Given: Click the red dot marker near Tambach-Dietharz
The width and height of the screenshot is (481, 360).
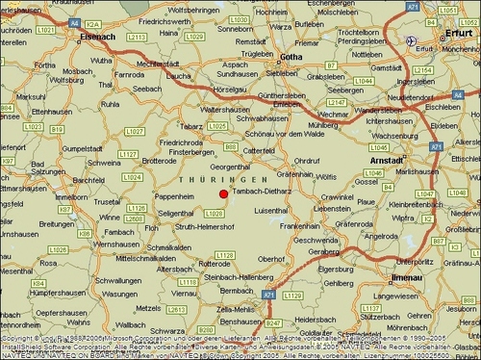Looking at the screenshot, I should click(224, 194).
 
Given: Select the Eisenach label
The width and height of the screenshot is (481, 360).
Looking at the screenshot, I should click(99, 36).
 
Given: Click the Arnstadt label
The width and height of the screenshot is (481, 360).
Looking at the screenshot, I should click(388, 160).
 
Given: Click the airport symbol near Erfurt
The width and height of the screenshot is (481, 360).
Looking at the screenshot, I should click(412, 40).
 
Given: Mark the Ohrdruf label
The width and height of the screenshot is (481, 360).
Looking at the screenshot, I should click(307, 160).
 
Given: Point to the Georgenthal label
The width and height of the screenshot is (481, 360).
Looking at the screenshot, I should click(231, 167).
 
